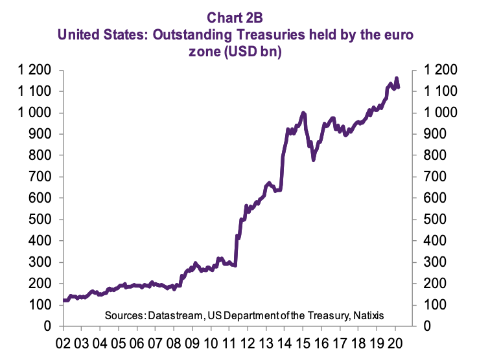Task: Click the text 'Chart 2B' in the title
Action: click(238, 13)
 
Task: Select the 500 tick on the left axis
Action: click(42, 219)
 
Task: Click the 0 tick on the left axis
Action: click(51, 326)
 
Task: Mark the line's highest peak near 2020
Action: click(396, 78)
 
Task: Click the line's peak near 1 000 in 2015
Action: click(303, 113)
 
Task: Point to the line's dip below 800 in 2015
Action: click(314, 159)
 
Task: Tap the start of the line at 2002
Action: click(64, 300)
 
